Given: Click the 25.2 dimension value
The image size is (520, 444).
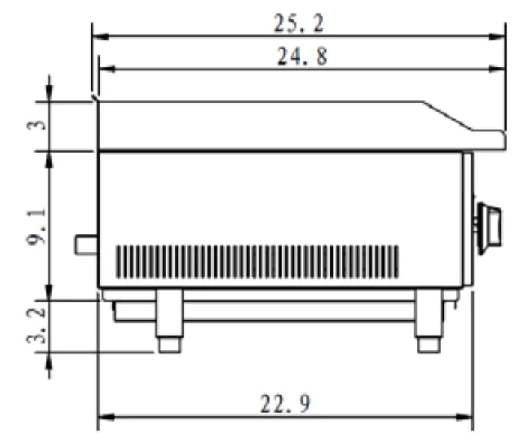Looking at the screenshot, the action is click(x=298, y=24).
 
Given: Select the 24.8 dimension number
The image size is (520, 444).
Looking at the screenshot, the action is click(x=302, y=56).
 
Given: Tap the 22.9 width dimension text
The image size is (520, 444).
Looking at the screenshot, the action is click(x=285, y=404).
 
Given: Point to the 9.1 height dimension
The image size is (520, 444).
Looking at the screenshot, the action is click(x=37, y=227).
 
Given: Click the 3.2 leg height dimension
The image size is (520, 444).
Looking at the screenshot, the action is click(x=37, y=325).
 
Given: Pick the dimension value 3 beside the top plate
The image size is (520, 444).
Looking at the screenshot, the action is click(x=37, y=124).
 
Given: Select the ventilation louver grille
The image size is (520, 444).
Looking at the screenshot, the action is click(x=257, y=261).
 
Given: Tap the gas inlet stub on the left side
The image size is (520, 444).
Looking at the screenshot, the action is click(x=86, y=245).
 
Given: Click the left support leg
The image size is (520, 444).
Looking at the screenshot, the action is click(x=169, y=313).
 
